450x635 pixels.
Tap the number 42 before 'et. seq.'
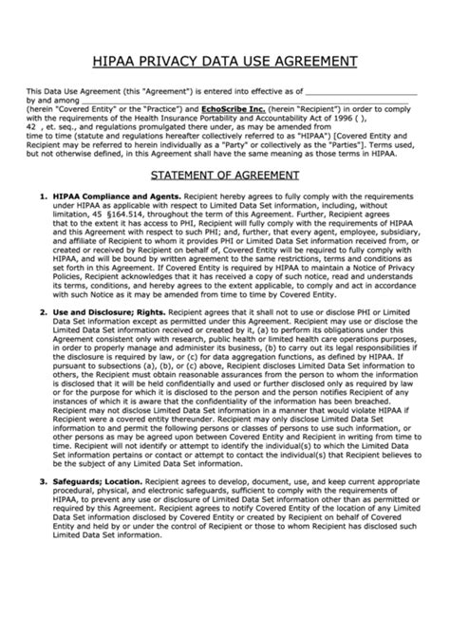pos(31,125)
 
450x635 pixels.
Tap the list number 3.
pos(42,481)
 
